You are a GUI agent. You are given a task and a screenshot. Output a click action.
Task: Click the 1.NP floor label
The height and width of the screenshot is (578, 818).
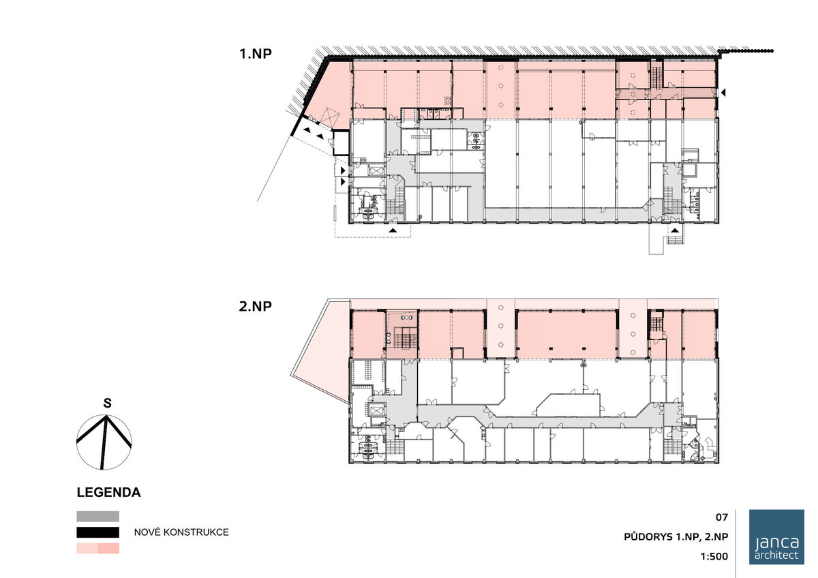click(x=255, y=54)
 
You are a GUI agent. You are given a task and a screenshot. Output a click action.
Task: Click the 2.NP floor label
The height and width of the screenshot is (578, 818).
click(x=255, y=306)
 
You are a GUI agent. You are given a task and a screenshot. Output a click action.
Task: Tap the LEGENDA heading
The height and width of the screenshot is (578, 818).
click(x=108, y=492)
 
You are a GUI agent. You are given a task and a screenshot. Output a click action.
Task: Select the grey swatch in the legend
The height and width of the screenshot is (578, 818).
click(x=98, y=516)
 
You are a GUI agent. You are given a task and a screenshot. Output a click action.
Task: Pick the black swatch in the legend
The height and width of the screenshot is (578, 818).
click(x=98, y=532)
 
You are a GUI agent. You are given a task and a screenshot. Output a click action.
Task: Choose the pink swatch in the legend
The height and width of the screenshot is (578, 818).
click(x=98, y=549)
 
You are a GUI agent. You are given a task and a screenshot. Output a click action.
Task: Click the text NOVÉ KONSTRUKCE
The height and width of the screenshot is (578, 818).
click(x=181, y=532)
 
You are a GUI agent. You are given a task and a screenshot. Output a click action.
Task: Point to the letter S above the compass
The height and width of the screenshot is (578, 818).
click(x=107, y=403)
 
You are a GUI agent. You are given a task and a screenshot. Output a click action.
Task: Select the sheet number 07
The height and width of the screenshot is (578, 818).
click(x=722, y=517)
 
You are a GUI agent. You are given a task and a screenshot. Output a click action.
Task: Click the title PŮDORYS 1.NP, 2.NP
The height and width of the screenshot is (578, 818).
click(x=676, y=536)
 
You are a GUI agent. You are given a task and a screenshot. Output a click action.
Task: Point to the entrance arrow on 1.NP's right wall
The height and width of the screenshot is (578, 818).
click(x=723, y=93)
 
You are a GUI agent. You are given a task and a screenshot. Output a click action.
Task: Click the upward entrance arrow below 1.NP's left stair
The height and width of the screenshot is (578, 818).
click(x=393, y=230)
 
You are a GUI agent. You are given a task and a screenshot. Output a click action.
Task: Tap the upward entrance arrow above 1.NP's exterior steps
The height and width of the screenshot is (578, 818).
click(x=675, y=230)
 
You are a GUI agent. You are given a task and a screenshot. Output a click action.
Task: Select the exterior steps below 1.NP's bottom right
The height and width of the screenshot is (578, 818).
click(x=676, y=240)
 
